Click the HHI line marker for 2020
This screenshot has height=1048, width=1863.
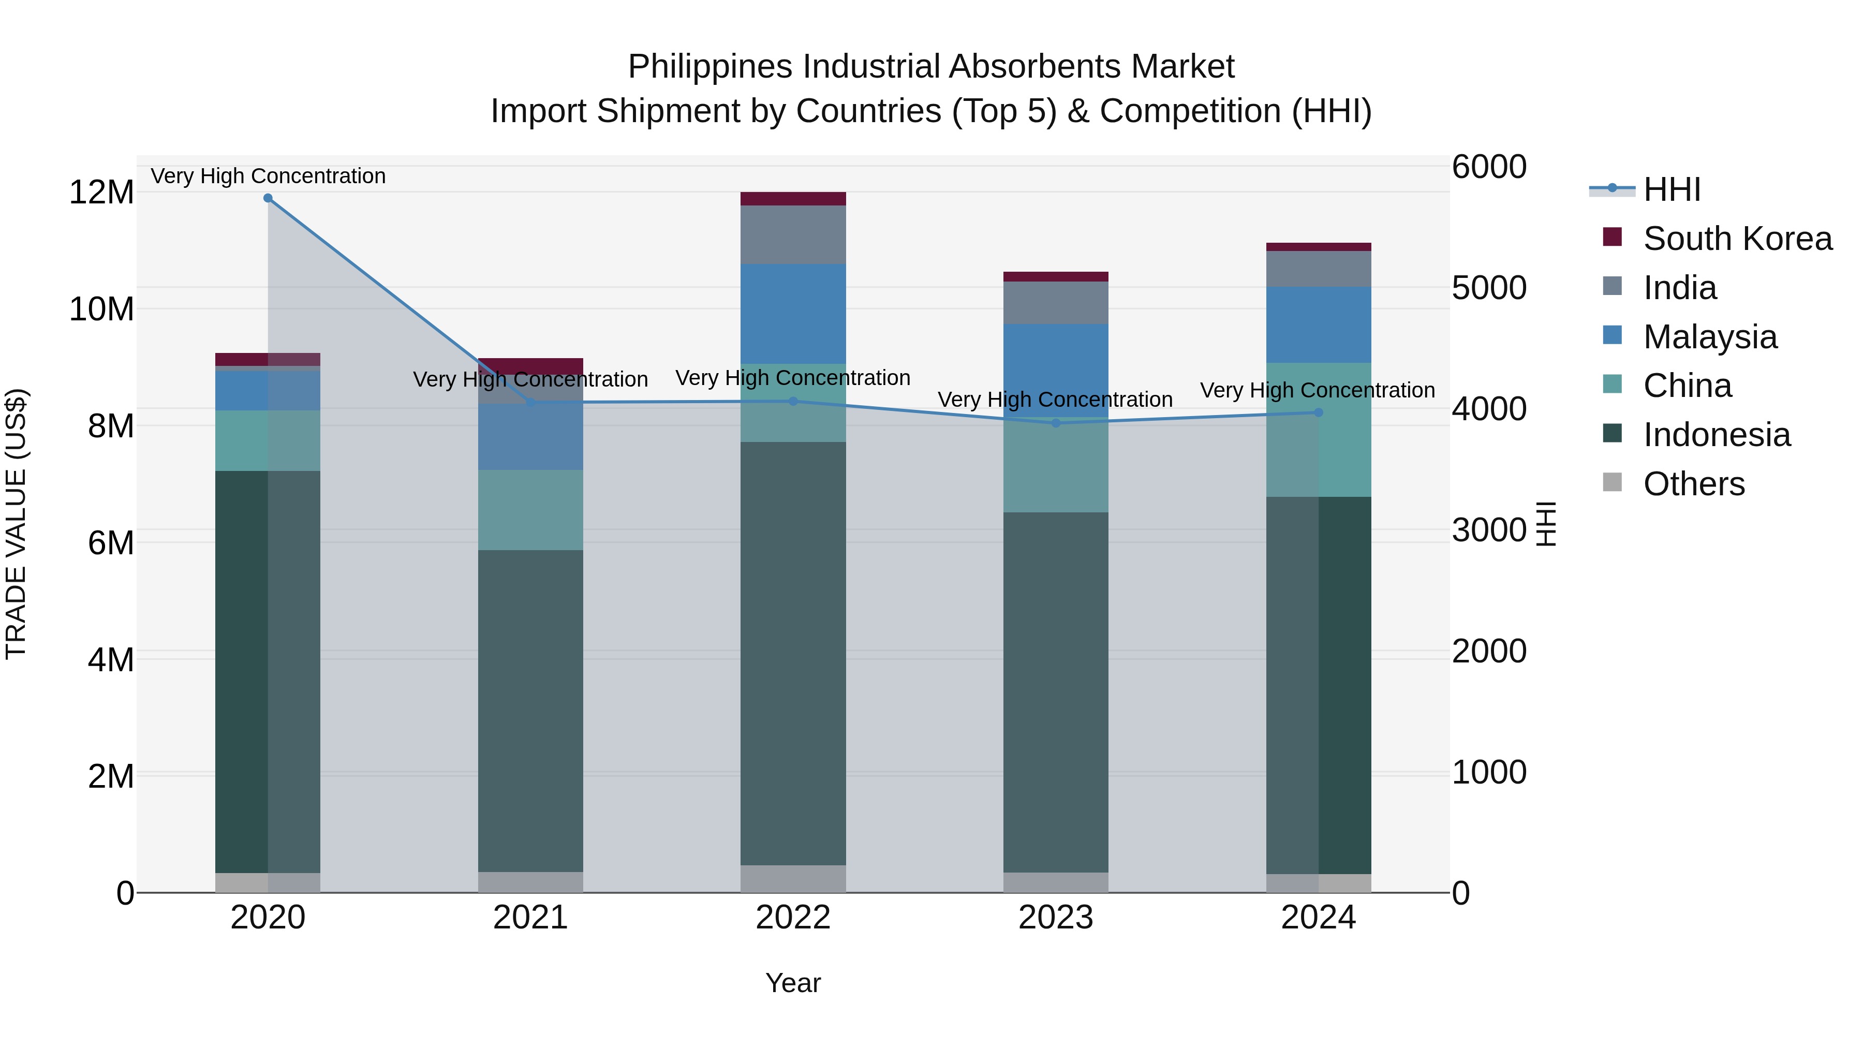coord(268,198)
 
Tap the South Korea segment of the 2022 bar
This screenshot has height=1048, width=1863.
coord(793,199)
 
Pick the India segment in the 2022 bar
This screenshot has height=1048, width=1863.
coord(793,234)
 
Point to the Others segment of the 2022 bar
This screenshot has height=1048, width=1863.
coord(793,879)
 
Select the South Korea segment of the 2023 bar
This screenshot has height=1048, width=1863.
coord(1055,277)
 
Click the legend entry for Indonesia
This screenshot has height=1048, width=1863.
coord(1716,435)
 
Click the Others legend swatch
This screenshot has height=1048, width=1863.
coord(1612,482)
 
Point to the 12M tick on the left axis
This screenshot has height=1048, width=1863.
coord(101,193)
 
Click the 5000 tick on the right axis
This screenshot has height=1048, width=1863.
coord(1488,288)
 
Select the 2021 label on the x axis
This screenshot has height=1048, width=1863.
coord(530,918)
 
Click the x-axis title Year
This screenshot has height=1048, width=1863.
coord(793,983)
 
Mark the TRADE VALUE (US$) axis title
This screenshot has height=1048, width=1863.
coord(16,524)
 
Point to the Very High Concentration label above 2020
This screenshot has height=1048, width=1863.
coord(268,176)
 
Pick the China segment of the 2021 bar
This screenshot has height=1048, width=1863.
coord(530,510)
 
